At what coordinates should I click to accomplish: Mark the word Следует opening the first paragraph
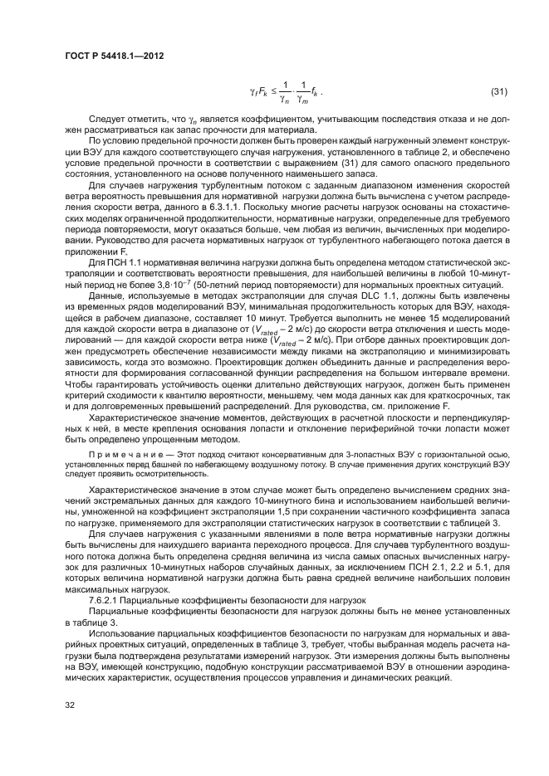pyautogui.click(x=108, y=120)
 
